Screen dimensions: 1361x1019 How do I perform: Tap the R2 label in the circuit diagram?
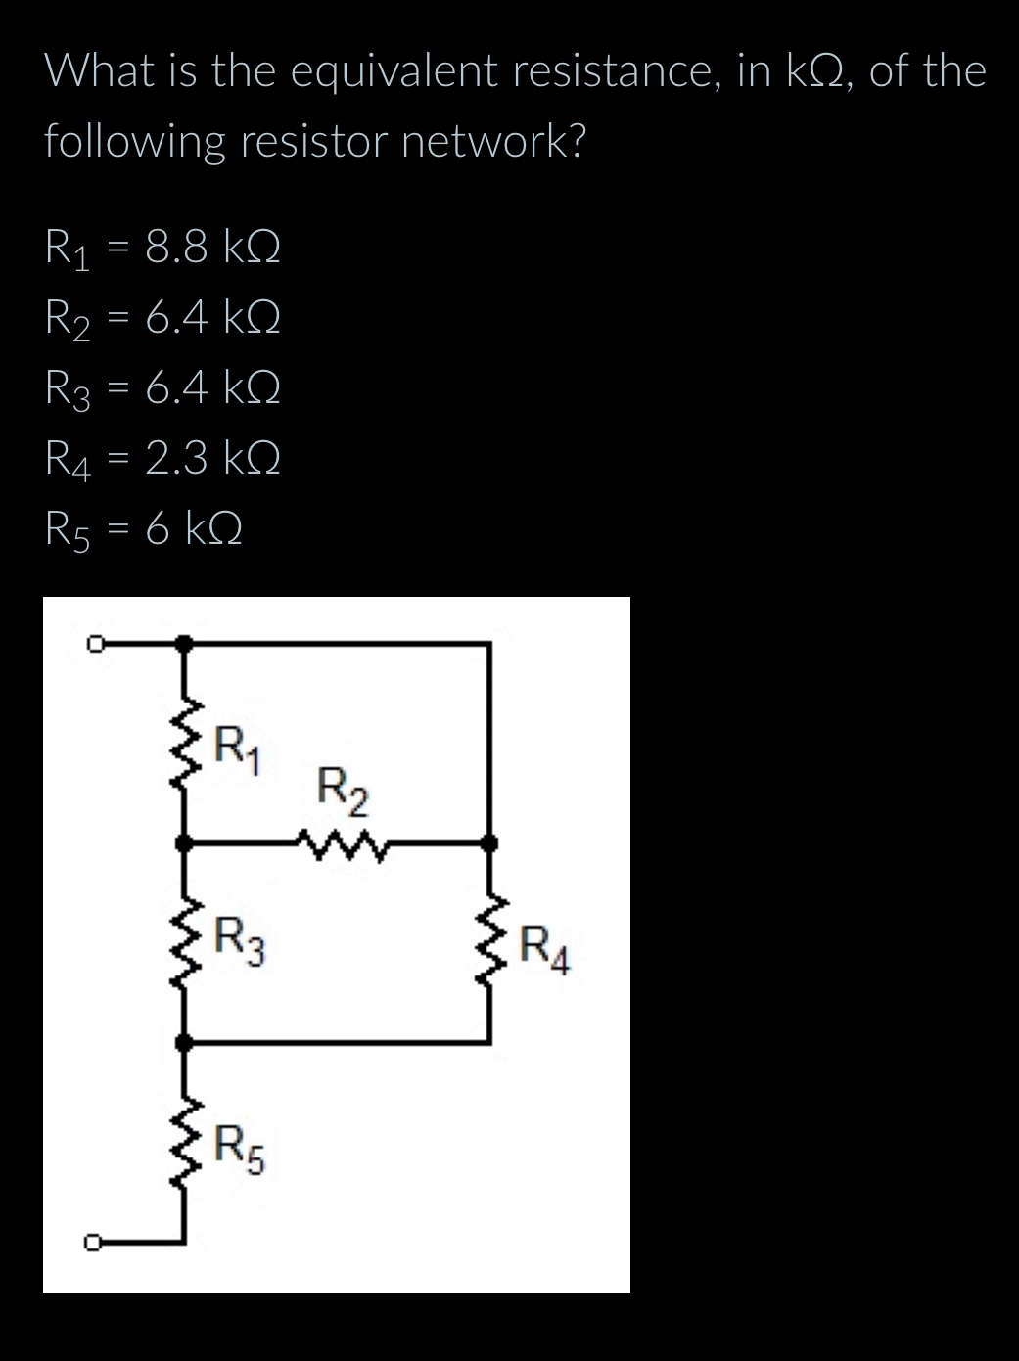[x=344, y=794]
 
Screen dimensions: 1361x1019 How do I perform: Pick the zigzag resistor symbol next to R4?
[x=491, y=942]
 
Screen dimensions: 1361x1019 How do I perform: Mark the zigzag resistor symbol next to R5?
[x=185, y=1141]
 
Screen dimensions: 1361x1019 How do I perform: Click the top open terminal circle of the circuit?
[x=94, y=643]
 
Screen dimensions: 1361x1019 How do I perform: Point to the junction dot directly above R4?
[x=491, y=841]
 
